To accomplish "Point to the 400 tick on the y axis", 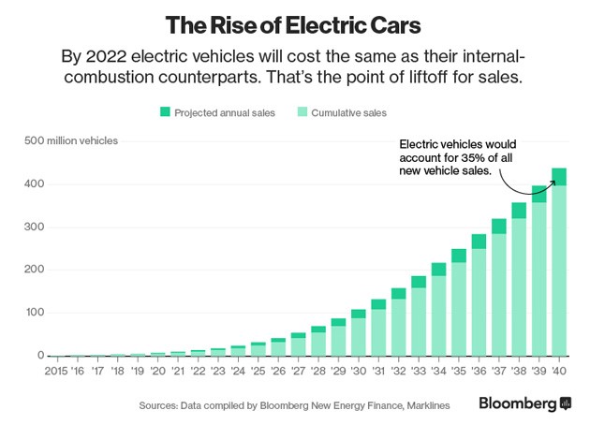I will (x=34, y=184).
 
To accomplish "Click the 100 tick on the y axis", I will (x=34, y=313).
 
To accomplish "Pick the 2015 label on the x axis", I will (x=57, y=370).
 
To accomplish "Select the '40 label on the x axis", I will (x=560, y=370).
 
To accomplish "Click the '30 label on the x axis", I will (x=359, y=370).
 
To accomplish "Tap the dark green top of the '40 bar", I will (x=560, y=177).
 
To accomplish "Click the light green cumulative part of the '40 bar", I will (x=560, y=271).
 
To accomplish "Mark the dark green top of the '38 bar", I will (x=520, y=211).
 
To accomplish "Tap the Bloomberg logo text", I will (x=518, y=403).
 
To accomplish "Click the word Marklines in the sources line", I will (x=427, y=405).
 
